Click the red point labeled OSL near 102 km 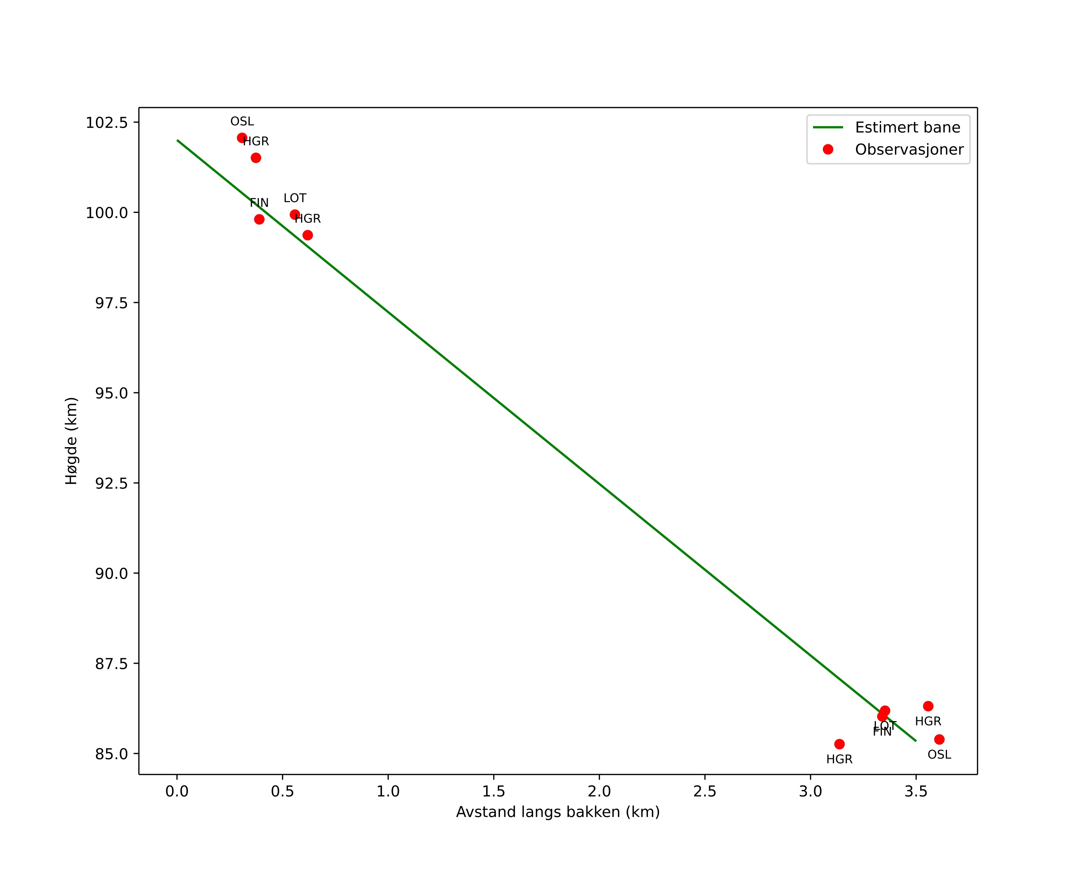pyautogui.click(x=242, y=138)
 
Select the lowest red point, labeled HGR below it pyautogui.click(x=839, y=744)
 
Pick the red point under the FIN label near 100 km pyautogui.click(x=259, y=219)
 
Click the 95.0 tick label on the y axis pyautogui.click(x=111, y=393)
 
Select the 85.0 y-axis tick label pyautogui.click(x=111, y=754)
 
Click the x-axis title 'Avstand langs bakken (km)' pyautogui.click(x=558, y=812)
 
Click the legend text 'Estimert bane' pyautogui.click(x=907, y=127)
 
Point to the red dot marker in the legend pyautogui.click(x=828, y=149)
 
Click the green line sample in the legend pyautogui.click(x=828, y=127)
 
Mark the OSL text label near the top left pyautogui.click(x=242, y=122)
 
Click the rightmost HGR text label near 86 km pyautogui.click(x=928, y=721)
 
